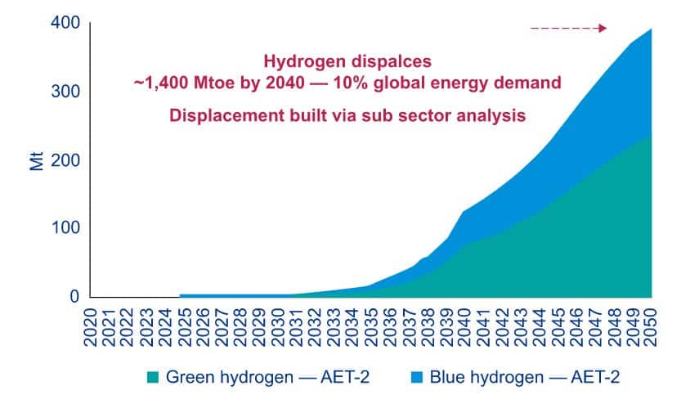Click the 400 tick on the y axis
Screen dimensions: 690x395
pyautogui.click(x=65, y=22)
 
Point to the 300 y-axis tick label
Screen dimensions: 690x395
pyautogui.click(x=65, y=91)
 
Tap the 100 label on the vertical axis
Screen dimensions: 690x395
pyautogui.click(x=65, y=227)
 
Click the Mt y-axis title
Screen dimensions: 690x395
pyautogui.click(x=37, y=161)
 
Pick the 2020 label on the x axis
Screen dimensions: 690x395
pyautogui.click(x=90, y=327)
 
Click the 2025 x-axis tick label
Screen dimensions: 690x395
pyautogui.click(x=184, y=327)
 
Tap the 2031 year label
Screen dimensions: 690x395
pyautogui.click(x=296, y=327)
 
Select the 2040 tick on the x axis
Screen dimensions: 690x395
pyautogui.click(x=464, y=327)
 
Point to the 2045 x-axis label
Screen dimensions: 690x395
pyautogui.click(x=558, y=327)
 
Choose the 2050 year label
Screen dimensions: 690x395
pyautogui.click(x=652, y=327)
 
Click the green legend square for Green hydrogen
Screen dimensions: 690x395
pyautogui.click(x=153, y=377)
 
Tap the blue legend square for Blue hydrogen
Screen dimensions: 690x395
pyautogui.click(x=416, y=377)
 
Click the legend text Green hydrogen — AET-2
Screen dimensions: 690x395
pyautogui.click(x=267, y=377)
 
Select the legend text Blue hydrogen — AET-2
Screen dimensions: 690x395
pyautogui.click(x=525, y=377)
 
